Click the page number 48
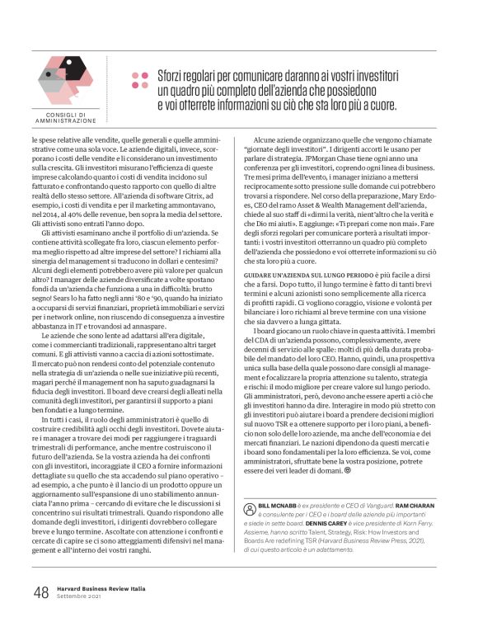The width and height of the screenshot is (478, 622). tap(40, 591)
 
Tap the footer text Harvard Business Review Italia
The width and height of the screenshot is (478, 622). tap(100, 587)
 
